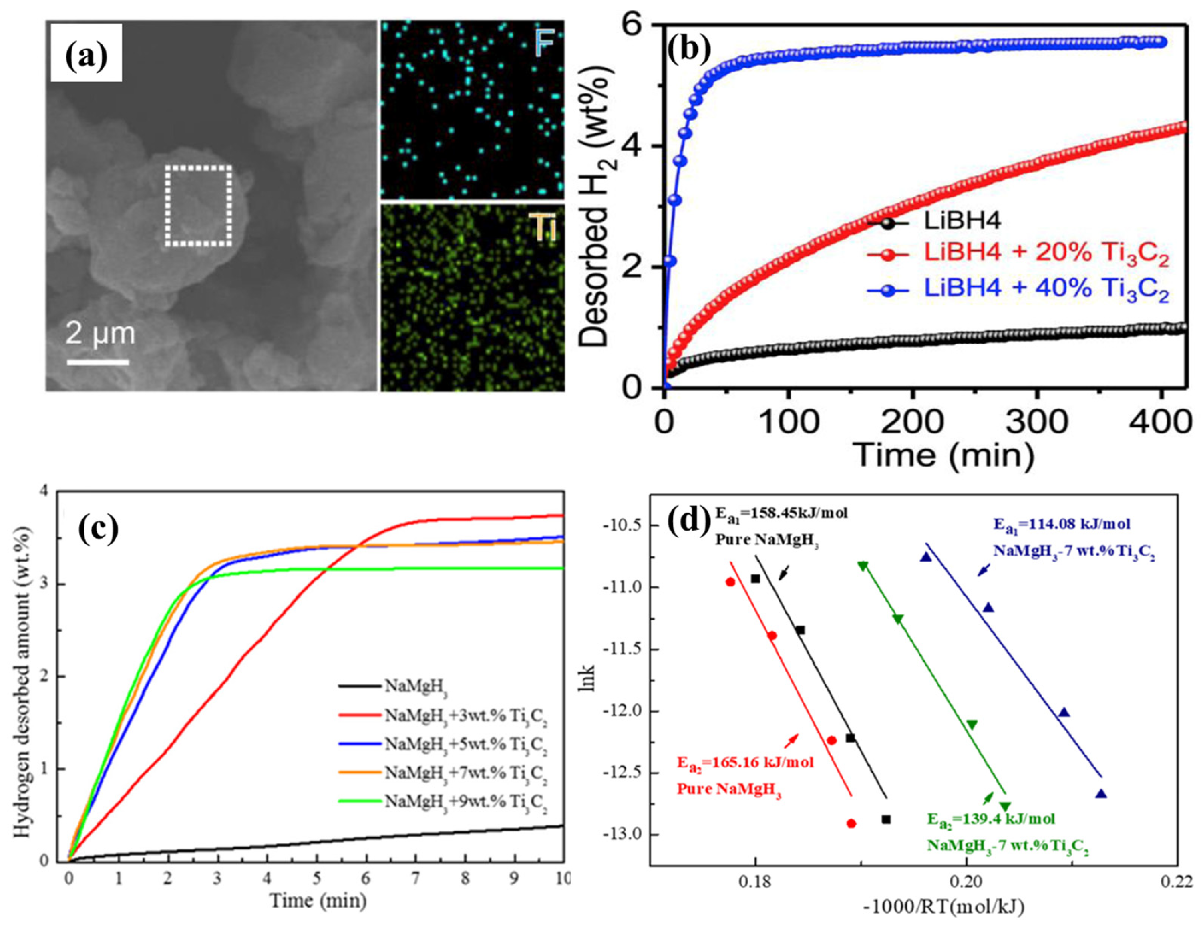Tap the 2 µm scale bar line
[x=98, y=362]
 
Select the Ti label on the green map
[x=541, y=226]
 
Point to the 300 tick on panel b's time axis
[x=1037, y=421]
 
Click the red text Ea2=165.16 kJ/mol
[x=745, y=763]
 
